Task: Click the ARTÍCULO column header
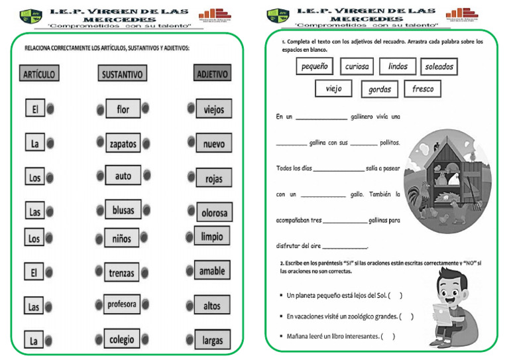coord(40,73)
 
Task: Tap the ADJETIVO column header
coord(212,74)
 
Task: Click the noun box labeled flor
coord(123,109)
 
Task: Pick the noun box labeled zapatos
coord(123,143)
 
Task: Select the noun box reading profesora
coord(122,304)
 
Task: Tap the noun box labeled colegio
coord(122,339)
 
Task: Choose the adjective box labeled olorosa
coord(214,212)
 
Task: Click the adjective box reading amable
coord(212,270)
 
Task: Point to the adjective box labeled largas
coord(213,341)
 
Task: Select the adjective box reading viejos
coord(213,109)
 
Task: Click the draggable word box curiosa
coord(357,66)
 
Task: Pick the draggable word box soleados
coord(439,66)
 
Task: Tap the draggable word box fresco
coord(422,89)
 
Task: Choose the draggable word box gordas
coord(380,90)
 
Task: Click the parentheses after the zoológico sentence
coord(406,316)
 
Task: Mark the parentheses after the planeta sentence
coord(395,296)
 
